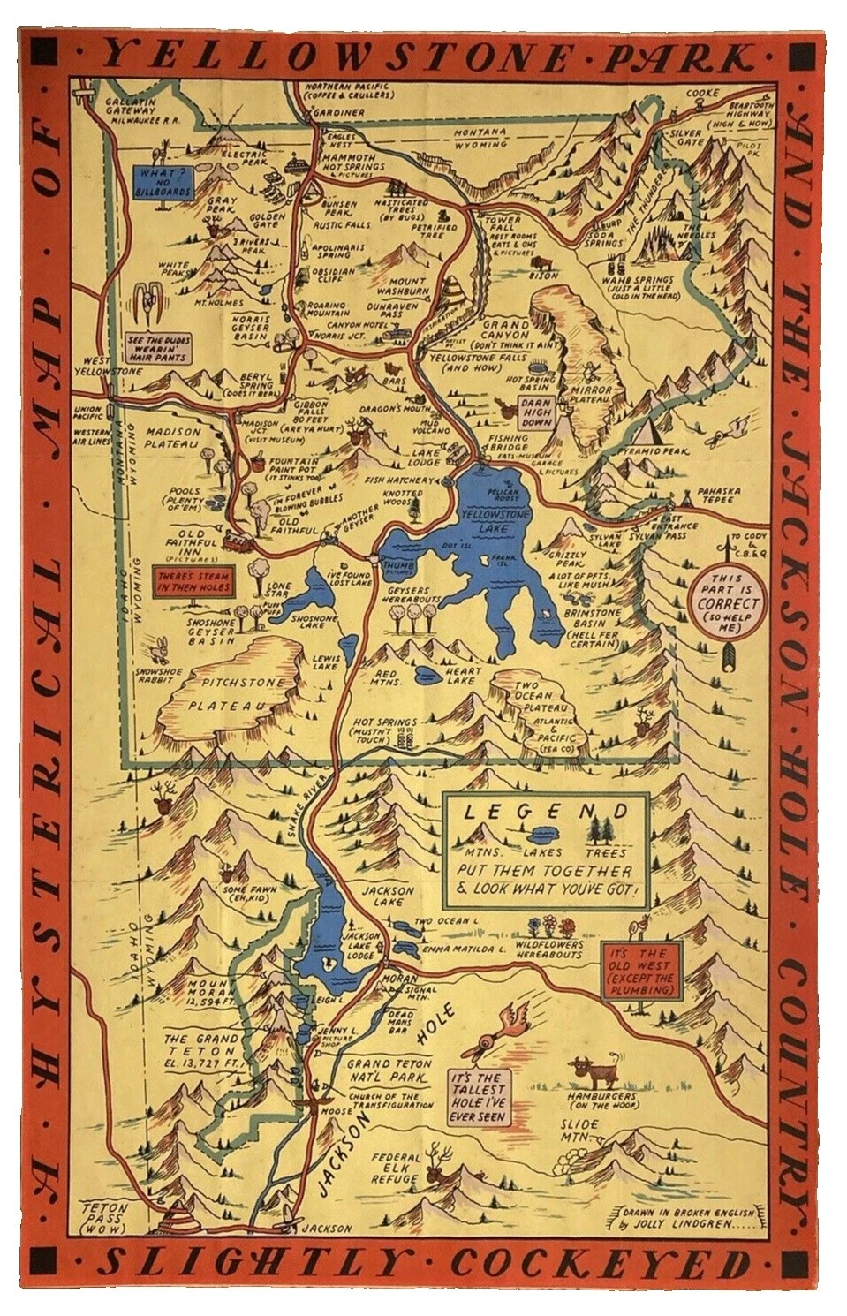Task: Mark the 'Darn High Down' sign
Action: pos(536,411)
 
